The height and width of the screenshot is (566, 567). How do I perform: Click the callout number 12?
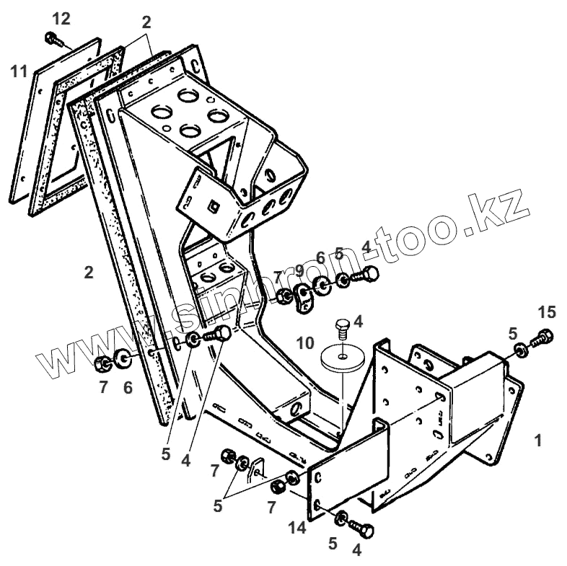coord(62,19)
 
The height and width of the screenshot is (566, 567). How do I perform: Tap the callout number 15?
coord(547,312)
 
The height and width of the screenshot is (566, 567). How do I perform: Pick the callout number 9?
coord(300,273)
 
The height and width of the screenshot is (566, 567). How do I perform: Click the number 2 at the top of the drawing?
coord(146,22)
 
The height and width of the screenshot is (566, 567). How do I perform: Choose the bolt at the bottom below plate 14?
coord(364,530)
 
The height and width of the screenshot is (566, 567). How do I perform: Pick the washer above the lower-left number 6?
coord(121,358)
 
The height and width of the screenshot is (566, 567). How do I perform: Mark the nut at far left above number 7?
coord(102,362)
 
